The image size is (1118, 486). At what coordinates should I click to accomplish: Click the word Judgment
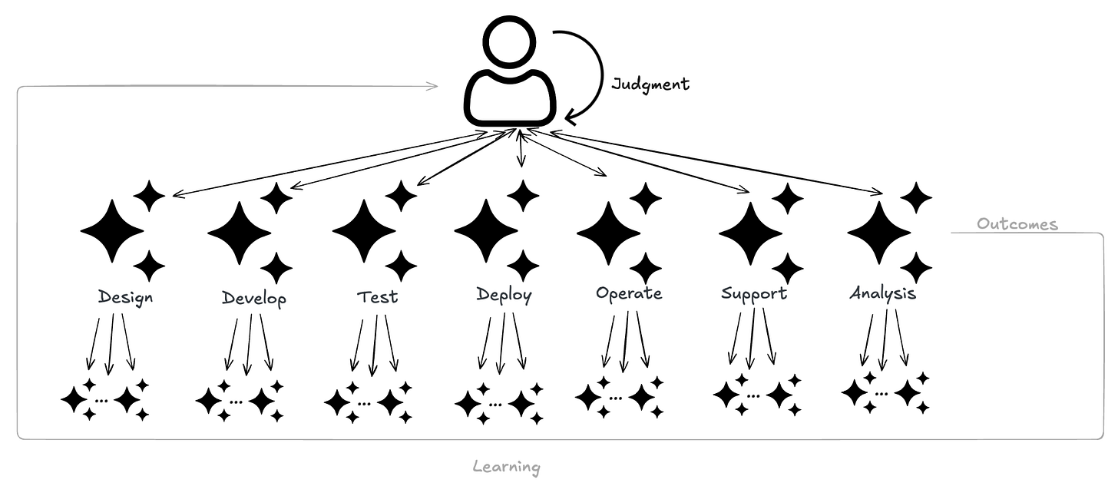point(650,84)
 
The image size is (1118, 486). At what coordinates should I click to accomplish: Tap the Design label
point(125,297)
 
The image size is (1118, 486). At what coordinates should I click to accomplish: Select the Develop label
point(253,298)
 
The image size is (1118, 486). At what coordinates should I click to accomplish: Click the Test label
point(377,296)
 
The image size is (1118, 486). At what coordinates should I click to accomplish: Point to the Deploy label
point(503,295)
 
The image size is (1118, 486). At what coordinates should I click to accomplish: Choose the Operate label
point(628,293)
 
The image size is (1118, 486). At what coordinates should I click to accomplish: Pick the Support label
point(754,293)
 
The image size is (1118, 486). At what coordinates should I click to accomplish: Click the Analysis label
point(882,293)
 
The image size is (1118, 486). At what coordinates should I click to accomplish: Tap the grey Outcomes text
point(1017,224)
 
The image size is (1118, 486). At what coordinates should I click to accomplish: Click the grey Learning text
point(506,466)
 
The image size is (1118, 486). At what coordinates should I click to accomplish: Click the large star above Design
point(112,230)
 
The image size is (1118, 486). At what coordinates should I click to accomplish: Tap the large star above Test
point(364,230)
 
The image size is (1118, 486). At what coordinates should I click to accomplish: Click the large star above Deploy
point(486,230)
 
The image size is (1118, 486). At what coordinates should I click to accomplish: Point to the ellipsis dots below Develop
point(236,402)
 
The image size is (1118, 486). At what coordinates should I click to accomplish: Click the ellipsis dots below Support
point(753,396)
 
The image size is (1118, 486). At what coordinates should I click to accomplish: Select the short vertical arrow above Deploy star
point(521,150)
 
